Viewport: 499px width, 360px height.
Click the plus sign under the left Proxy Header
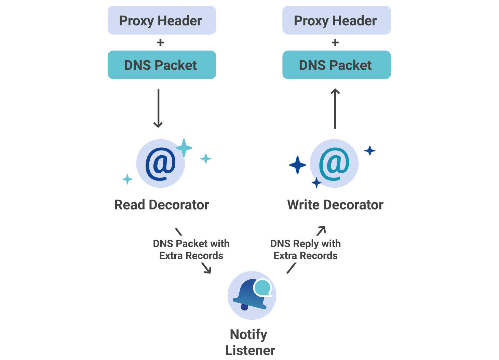point(160,43)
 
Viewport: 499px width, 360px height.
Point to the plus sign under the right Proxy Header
point(335,43)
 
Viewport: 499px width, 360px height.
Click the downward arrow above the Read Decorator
point(158,108)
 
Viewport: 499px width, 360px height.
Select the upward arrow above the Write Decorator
point(335,108)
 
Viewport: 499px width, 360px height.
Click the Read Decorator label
point(161,205)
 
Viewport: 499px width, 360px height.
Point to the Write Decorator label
point(335,205)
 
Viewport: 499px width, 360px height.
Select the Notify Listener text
point(250,342)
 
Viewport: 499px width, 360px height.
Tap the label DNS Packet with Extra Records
point(191,250)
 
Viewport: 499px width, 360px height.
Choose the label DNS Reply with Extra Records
point(305,250)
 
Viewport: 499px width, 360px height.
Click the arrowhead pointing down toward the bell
point(208,270)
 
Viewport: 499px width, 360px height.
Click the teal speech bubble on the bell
point(263,288)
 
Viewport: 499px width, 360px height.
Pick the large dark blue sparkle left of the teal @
point(297,165)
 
